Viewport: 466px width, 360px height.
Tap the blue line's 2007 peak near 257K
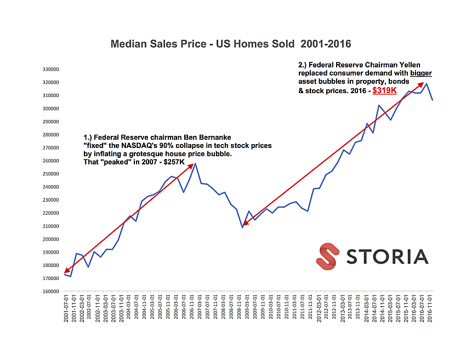coord(195,163)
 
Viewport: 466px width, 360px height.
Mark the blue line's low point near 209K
coord(242,227)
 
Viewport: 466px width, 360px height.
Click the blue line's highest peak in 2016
coord(427,83)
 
